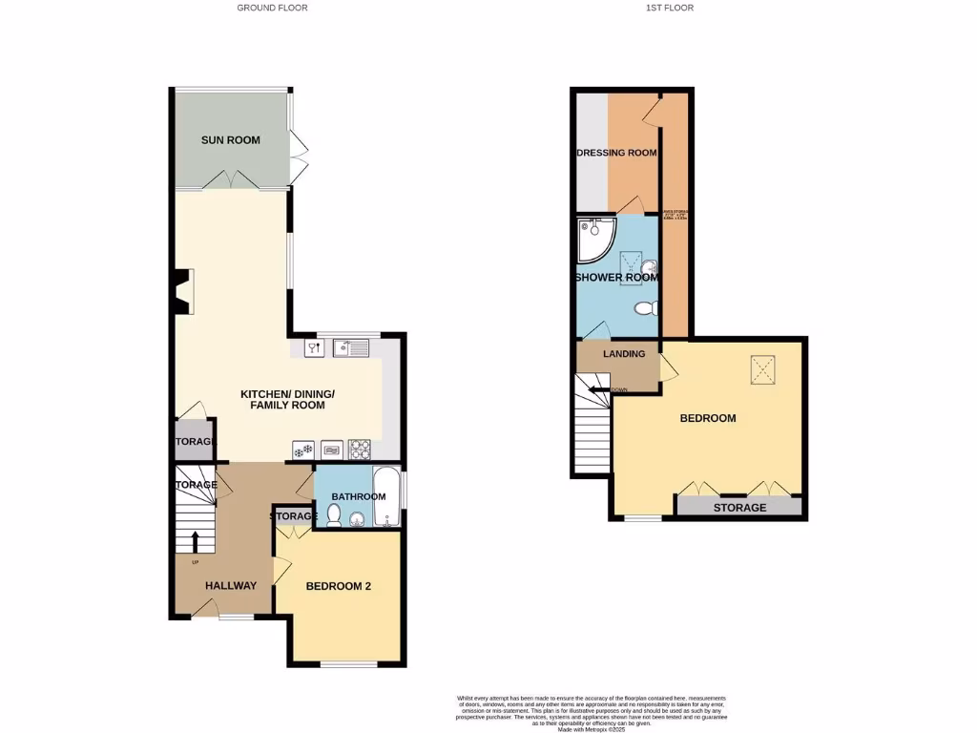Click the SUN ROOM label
point(230,140)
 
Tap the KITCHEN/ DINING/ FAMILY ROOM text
point(281,400)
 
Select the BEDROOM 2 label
point(338,586)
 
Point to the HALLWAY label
point(230,586)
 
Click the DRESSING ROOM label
point(617,153)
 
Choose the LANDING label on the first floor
point(624,354)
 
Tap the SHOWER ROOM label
point(616,278)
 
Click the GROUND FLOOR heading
point(272,8)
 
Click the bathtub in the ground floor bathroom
point(386,496)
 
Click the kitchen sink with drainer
point(351,348)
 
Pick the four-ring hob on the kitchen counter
point(360,448)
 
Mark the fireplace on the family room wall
point(183,292)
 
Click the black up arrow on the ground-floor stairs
point(196,541)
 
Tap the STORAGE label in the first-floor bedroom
point(739,508)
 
